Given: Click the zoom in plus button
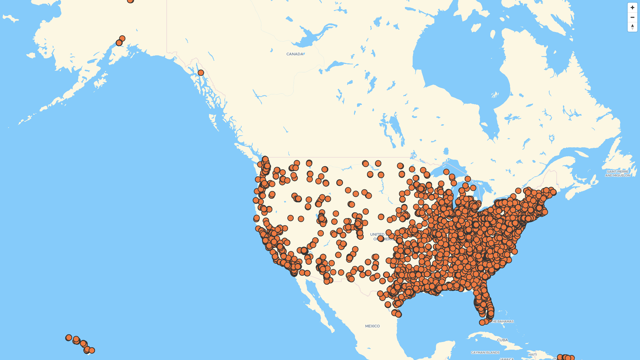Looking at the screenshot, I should coord(632,7).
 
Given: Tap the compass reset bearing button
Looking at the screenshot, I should coord(632,27).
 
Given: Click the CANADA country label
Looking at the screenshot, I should coord(295,54).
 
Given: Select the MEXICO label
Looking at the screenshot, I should coord(372,326).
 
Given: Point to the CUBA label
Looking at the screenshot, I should coord(502,340).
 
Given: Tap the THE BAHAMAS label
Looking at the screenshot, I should coord(503,321).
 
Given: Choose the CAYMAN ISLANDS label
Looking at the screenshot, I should coord(485,352).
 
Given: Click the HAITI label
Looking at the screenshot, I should coord(532,354).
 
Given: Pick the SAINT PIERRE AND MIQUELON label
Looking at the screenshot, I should coord(618,173).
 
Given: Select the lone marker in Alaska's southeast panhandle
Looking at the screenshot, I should coord(201,73).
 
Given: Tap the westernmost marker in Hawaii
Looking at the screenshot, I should coord(69,338).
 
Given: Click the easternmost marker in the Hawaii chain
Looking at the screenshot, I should coord(92,350).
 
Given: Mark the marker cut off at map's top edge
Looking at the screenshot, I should coord(130,1).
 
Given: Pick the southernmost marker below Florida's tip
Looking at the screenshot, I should coord(482,322).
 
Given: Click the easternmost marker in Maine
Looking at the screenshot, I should coord(553,192).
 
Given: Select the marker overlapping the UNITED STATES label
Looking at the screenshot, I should coord(381,238).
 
